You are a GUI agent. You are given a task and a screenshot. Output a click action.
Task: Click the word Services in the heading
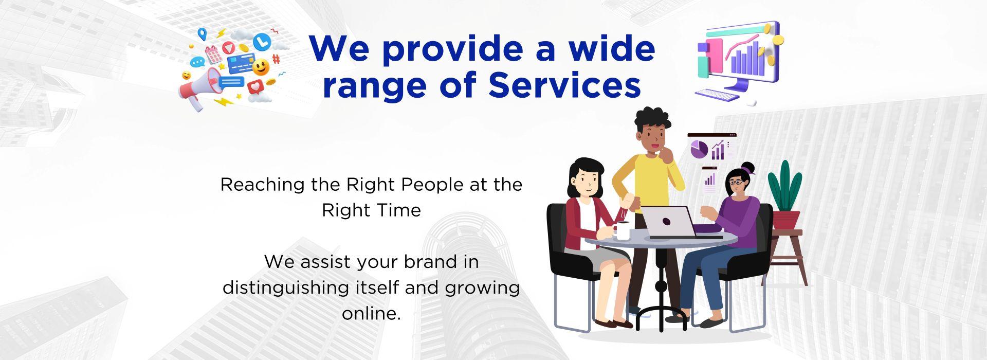pyautogui.click(x=564, y=85)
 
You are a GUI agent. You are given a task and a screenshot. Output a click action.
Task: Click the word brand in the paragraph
pyautogui.click(x=430, y=262)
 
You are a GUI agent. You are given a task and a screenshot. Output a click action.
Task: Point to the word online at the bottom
pyautogui.click(x=371, y=313)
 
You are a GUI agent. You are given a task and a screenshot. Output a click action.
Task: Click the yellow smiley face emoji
pyautogui.click(x=261, y=68)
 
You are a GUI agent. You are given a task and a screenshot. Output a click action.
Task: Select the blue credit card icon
pyautogui.click(x=239, y=65)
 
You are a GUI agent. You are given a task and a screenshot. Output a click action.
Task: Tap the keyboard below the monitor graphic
pyautogui.click(x=717, y=95)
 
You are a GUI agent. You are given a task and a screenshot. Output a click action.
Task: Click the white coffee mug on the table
pyautogui.click(x=622, y=231)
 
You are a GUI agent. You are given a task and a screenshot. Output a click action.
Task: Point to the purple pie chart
pyautogui.click(x=699, y=149)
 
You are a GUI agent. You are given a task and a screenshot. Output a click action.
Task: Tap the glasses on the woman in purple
pyautogui.click(x=736, y=182)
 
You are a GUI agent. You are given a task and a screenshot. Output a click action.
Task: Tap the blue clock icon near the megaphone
pyautogui.click(x=262, y=41)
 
